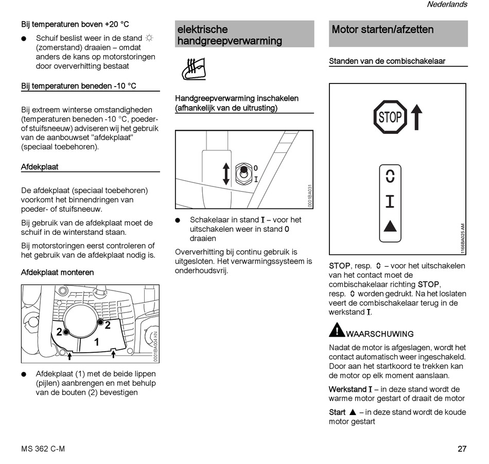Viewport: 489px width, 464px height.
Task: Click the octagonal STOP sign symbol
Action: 390,117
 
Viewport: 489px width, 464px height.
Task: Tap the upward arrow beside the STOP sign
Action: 417,117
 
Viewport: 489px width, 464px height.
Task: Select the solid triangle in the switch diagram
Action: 390,226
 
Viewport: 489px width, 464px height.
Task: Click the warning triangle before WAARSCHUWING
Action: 337,330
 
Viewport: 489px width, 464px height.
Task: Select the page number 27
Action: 462,449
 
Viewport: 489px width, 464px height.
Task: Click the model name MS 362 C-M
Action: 43,449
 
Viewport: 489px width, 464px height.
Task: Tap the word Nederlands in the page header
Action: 447,5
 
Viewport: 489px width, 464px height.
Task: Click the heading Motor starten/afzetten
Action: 382,29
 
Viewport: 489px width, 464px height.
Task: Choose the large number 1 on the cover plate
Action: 96,342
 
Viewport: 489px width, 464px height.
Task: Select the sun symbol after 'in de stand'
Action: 149,38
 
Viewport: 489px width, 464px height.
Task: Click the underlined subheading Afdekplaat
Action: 40,167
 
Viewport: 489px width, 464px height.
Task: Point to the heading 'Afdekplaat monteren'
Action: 57,272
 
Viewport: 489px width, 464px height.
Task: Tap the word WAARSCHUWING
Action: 380,334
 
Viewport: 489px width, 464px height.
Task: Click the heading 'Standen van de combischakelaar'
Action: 387,61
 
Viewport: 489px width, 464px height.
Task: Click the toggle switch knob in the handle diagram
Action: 243,169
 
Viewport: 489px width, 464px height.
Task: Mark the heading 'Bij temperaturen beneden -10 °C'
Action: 78,86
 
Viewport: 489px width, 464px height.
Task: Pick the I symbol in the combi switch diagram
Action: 390,201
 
